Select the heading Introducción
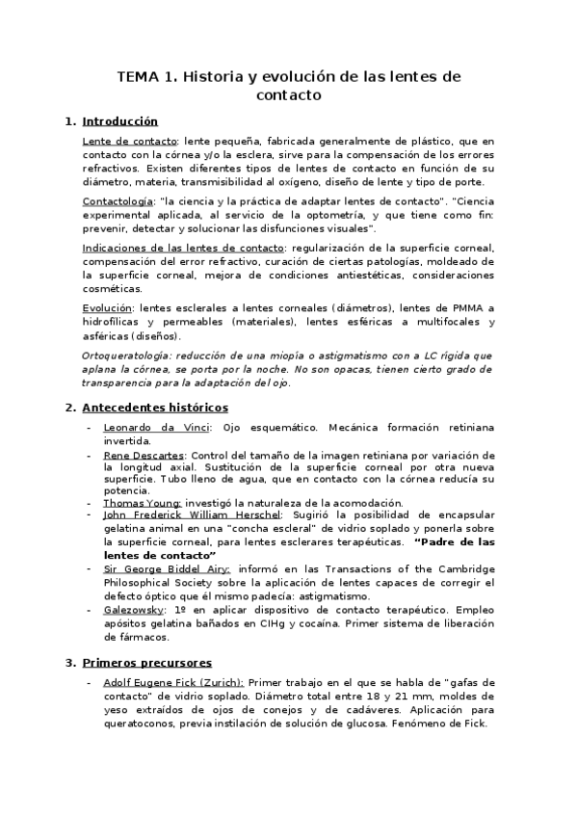point(120,121)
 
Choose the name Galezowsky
point(133,610)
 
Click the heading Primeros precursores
point(147,663)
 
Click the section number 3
point(69,663)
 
